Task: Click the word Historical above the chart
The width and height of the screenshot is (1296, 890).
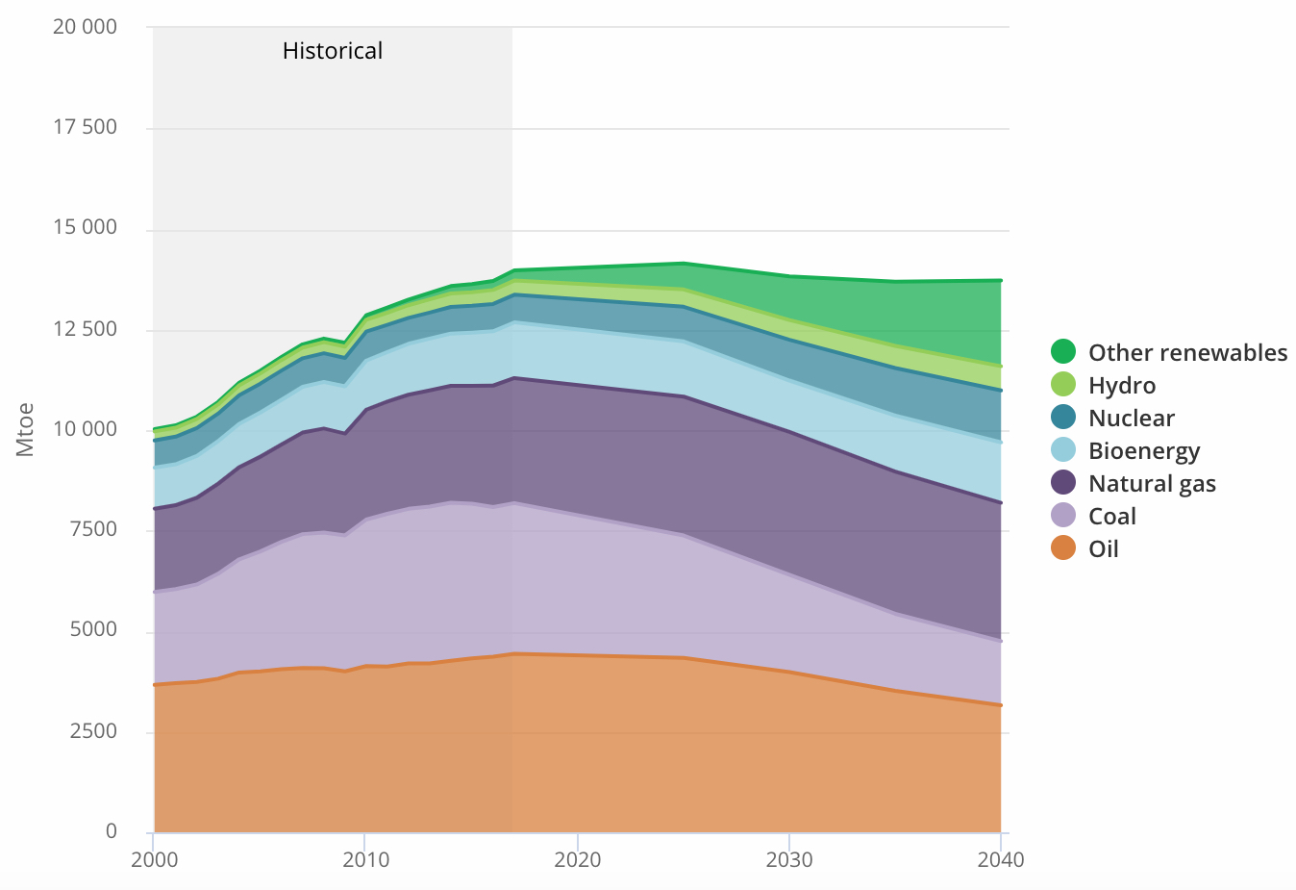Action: (x=332, y=51)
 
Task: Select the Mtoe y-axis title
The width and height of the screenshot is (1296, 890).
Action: (x=25, y=429)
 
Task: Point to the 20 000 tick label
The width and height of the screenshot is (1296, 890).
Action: (x=85, y=27)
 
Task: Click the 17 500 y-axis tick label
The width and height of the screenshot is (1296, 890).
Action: (x=85, y=127)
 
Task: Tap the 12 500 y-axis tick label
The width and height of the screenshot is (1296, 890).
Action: (x=85, y=329)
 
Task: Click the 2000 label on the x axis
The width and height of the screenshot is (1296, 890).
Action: (x=154, y=859)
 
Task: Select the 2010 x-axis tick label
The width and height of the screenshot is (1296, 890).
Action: (x=365, y=859)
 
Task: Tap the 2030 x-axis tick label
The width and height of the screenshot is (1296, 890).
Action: (x=789, y=859)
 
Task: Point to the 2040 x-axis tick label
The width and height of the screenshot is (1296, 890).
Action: (x=1001, y=859)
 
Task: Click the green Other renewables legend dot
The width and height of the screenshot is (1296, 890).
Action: (x=1063, y=352)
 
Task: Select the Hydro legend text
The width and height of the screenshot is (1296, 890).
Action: (x=1122, y=386)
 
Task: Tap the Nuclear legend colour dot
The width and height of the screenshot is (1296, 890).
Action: (x=1063, y=418)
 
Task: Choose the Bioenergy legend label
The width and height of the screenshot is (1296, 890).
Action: (x=1144, y=451)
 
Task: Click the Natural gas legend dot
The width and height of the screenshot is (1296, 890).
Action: (x=1063, y=483)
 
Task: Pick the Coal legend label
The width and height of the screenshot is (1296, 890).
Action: (x=1112, y=517)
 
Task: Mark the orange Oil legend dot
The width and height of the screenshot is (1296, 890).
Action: (x=1063, y=548)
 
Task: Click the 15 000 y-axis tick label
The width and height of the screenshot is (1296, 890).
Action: (x=85, y=227)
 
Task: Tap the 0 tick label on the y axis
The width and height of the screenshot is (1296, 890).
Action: (x=112, y=831)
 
